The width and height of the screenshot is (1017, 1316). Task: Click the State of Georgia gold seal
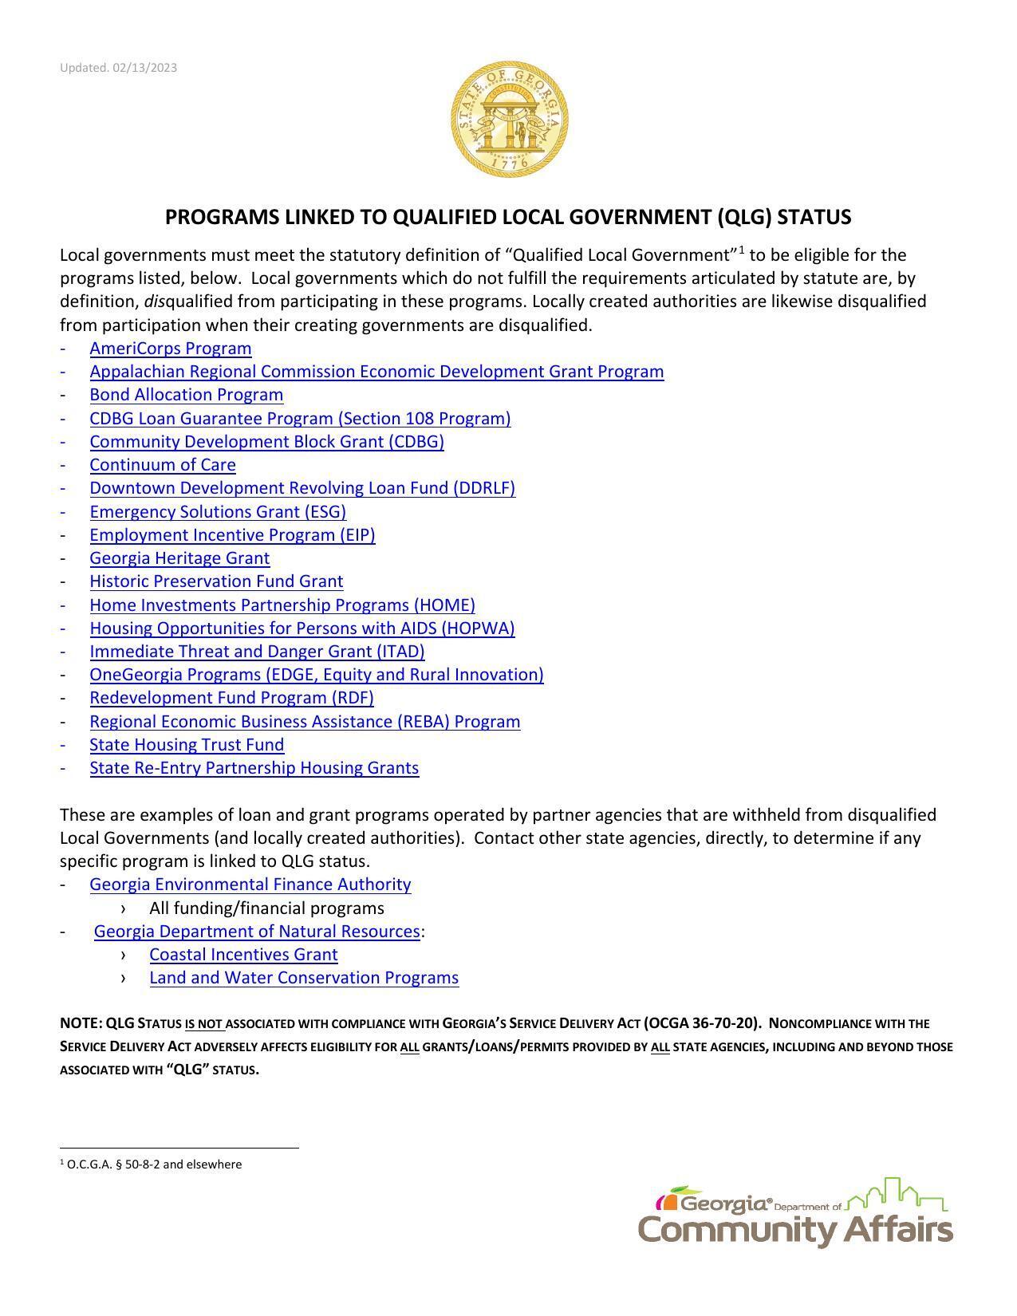tap(509, 120)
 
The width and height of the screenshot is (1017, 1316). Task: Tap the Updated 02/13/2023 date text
tap(118, 68)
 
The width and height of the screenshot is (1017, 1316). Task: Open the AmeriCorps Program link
tap(170, 349)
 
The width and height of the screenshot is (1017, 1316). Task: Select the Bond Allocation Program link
tap(186, 395)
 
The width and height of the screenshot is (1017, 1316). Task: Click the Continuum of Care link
tap(162, 465)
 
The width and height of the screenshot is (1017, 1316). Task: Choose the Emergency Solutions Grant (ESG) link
tap(218, 512)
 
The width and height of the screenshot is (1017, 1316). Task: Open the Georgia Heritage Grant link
tap(179, 558)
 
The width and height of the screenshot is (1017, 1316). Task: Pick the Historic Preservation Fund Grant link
tap(216, 581)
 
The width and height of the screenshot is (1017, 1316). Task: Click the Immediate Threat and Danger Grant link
tap(257, 652)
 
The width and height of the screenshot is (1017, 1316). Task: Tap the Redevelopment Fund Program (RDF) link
tap(231, 698)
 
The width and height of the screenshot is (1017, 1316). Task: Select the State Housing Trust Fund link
tap(187, 745)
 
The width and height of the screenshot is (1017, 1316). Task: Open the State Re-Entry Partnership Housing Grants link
tap(254, 768)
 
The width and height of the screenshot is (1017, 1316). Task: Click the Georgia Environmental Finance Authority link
tap(250, 885)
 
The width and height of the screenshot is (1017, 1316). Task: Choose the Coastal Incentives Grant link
tap(243, 955)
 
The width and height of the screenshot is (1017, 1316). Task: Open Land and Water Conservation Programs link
tap(304, 978)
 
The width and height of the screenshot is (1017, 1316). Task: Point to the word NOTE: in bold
tap(81, 1023)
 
